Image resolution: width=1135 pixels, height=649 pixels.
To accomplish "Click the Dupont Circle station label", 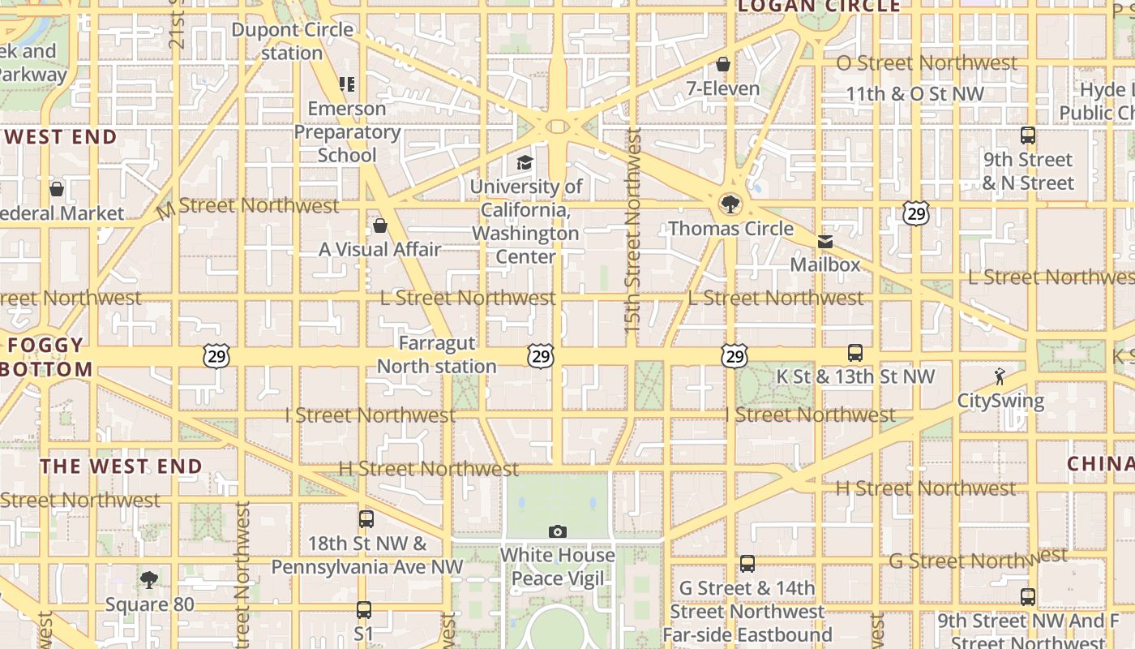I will pos(292,41).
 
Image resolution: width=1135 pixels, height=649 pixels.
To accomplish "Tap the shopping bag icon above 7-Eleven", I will pos(723,64).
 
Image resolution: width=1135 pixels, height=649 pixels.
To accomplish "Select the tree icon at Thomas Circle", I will pos(730,203).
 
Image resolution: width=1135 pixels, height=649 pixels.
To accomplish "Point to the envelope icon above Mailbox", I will pos(824,242).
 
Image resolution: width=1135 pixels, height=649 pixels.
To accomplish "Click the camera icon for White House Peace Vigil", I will pos(557,532).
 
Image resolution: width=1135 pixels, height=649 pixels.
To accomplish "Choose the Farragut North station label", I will pos(437,355).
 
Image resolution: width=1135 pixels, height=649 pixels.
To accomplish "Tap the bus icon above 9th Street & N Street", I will pos(1028,135).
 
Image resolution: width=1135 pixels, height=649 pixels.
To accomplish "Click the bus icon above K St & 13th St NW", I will pos(855,353).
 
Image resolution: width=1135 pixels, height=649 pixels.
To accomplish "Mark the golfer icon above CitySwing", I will pos(1000,376).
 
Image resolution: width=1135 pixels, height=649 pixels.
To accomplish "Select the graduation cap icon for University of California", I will pos(525,163).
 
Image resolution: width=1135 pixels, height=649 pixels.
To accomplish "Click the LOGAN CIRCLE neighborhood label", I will pos(820,6).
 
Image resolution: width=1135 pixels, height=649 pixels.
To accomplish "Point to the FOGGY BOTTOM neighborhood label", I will pos(47,357).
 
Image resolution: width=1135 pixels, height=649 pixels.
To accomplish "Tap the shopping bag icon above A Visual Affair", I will pos(379,226).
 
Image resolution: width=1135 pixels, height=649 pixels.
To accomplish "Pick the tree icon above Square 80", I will pos(148,579).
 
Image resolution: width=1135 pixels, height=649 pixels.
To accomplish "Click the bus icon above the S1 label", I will pos(364,609).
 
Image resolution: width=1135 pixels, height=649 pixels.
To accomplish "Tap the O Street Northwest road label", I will pos(927,62).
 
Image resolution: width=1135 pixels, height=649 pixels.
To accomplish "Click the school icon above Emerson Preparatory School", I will pos(347,84).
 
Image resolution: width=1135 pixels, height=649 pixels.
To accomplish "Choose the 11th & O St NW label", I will pos(914,93).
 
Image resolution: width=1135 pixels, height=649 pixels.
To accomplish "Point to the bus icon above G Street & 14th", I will pos(747,564).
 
